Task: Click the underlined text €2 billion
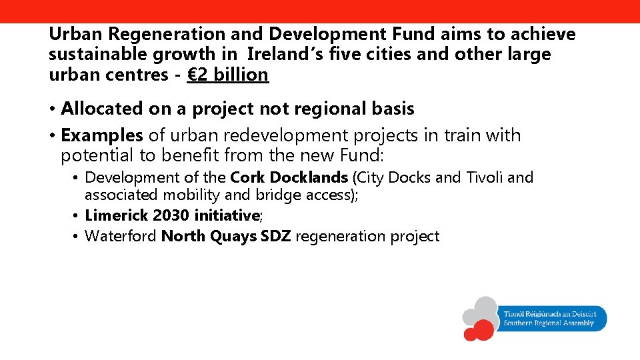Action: (x=228, y=75)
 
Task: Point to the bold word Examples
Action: (x=101, y=135)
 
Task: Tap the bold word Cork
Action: (x=246, y=177)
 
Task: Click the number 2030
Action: (x=171, y=215)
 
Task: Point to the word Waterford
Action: (x=121, y=236)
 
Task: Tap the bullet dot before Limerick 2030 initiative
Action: (x=77, y=216)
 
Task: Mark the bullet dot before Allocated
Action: (x=52, y=109)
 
